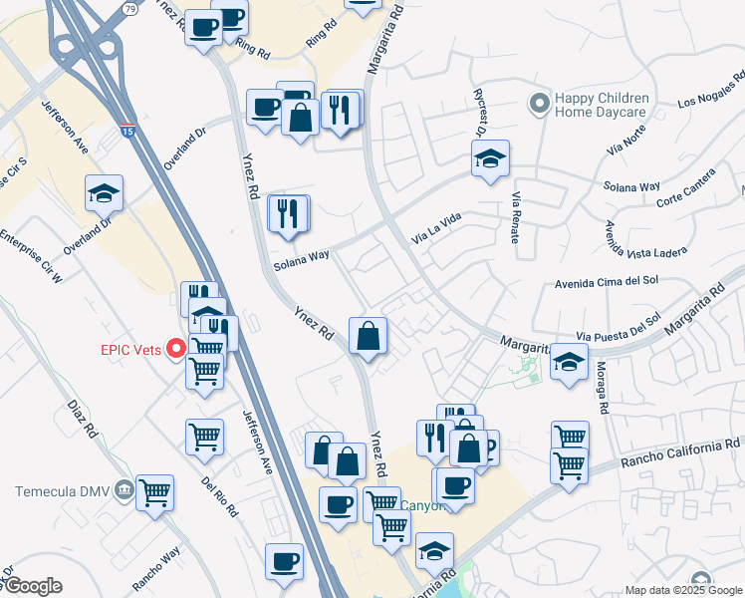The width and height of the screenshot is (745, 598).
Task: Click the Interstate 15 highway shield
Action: click(127, 130)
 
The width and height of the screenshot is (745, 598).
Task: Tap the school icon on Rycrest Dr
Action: click(489, 158)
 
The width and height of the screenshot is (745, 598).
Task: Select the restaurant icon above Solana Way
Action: click(289, 213)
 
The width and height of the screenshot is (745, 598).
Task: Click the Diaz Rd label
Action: click(83, 420)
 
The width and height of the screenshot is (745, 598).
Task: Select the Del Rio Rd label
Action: click(219, 494)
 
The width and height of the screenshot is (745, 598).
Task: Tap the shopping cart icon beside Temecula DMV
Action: click(155, 490)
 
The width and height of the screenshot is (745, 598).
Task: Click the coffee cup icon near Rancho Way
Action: click(285, 560)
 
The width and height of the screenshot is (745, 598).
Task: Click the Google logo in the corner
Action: click(33, 586)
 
